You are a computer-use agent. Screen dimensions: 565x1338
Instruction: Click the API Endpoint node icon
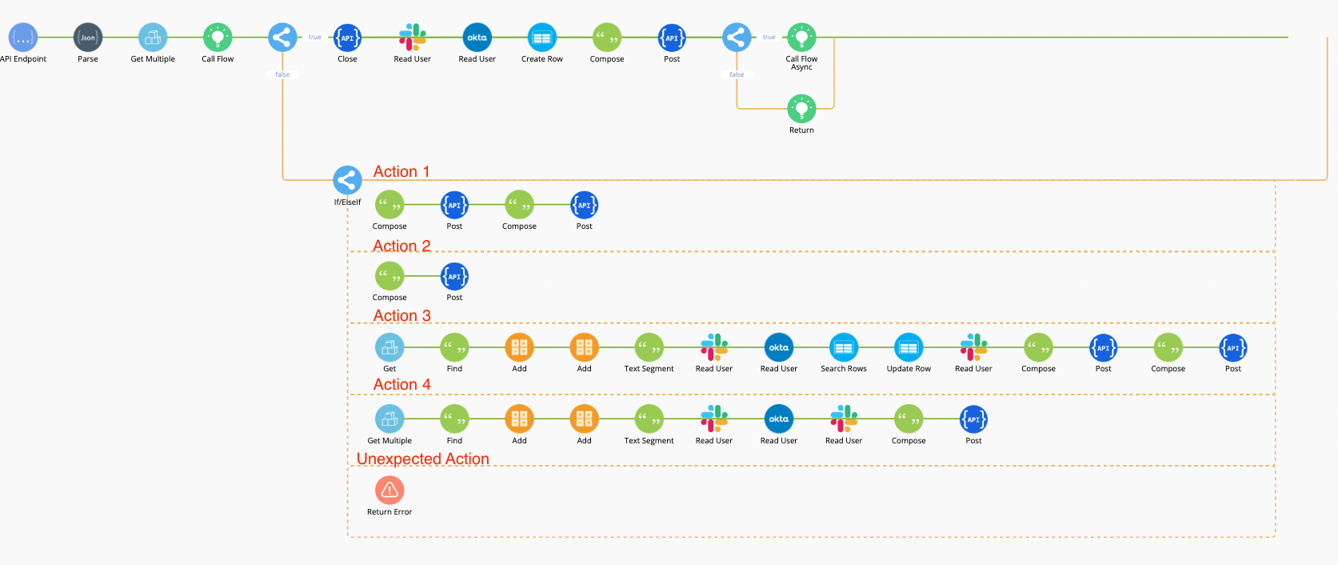tap(22, 38)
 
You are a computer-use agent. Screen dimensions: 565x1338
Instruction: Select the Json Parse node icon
tap(88, 38)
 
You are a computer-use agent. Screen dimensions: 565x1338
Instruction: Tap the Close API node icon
tap(347, 38)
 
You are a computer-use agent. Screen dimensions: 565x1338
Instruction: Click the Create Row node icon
tap(542, 38)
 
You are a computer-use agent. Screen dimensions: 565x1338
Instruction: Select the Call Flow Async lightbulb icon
tap(801, 38)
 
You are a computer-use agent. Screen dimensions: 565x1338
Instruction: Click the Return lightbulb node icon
tap(801, 109)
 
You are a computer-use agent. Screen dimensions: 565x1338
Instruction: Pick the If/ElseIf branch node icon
tap(347, 180)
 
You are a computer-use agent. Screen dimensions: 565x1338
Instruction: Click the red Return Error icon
tap(389, 490)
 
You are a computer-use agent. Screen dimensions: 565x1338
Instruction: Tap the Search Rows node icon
tap(844, 347)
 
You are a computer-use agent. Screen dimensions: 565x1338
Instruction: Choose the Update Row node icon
tap(909, 347)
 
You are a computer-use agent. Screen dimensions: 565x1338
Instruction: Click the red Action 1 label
tap(401, 172)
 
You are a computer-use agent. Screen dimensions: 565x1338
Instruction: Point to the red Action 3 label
tap(401, 316)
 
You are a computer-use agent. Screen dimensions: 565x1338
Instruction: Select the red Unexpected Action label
tap(422, 459)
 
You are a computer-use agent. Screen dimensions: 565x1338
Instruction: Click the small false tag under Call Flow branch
tap(282, 74)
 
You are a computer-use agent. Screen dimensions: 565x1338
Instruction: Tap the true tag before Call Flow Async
tap(769, 37)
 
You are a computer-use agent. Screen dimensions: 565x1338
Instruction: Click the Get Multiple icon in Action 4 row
tap(389, 419)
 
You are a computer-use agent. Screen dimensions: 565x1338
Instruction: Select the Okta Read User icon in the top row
tap(477, 38)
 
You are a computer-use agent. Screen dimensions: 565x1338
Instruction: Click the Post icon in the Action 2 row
tap(454, 277)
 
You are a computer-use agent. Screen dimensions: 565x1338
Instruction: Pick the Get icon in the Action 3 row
tap(389, 347)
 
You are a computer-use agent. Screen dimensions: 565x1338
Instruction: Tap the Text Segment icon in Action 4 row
tap(649, 419)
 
